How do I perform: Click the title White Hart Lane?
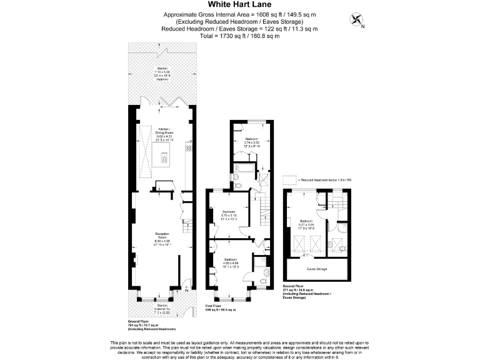click(239, 4)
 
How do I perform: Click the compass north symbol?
click(358, 21)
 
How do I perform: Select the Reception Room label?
click(162, 238)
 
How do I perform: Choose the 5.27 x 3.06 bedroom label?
click(306, 224)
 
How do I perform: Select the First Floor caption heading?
click(216, 306)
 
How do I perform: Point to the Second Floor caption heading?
click(294, 287)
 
